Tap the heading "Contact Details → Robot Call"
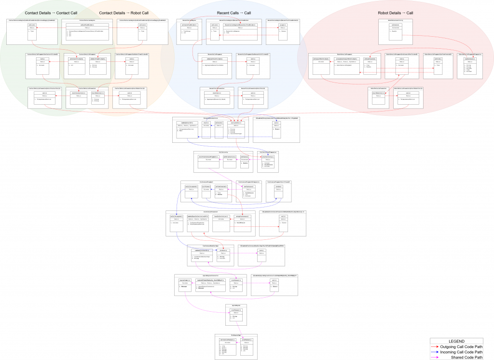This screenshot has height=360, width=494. pos(123,13)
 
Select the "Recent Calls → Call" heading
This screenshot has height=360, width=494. pos(234,13)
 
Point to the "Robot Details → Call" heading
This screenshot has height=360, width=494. pos(396,13)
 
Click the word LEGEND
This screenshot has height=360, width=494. pos(456,341)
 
